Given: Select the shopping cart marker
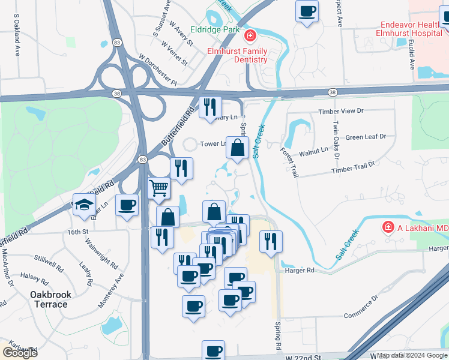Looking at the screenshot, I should pos(159,188).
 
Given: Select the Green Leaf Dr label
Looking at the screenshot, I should pos(366,137).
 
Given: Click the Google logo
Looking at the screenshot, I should pos(19,352).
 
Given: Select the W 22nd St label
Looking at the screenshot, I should pos(304,357).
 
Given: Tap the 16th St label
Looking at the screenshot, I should pos(78,231).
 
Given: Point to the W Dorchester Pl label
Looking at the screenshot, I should pos(158,70).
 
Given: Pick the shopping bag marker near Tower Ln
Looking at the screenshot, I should pos(238,148).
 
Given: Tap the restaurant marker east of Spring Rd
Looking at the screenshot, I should pos(271,241).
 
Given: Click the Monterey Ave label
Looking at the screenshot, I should pos(112,289).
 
